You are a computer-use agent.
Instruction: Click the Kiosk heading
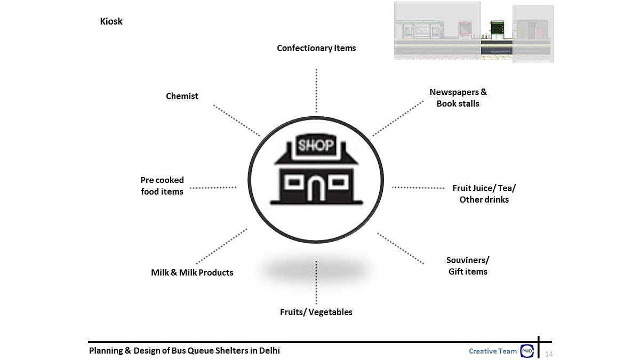pyautogui.click(x=111, y=22)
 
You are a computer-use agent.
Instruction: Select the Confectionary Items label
pyautogui.click(x=316, y=48)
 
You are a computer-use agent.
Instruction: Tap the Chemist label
pyautogui.click(x=182, y=96)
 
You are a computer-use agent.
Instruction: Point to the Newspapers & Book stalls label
pyautogui.click(x=458, y=98)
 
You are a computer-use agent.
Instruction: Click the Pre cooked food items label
pyautogui.click(x=162, y=186)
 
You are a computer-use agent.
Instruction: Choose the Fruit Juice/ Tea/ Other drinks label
pyautogui.click(x=484, y=194)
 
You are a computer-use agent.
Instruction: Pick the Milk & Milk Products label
pyautogui.click(x=192, y=273)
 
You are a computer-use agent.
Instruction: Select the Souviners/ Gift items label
pyautogui.click(x=468, y=266)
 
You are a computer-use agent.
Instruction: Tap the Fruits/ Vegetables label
pyautogui.click(x=316, y=312)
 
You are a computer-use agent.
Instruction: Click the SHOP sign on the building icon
pyautogui.click(x=316, y=146)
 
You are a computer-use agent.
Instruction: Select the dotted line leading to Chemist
pyautogui.click(x=237, y=121)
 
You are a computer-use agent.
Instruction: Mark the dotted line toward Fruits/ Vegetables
pyautogui.click(x=316, y=283)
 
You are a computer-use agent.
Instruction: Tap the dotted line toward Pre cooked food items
pyautogui.click(x=213, y=187)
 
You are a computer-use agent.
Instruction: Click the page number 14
pyautogui.click(x=549, y=354)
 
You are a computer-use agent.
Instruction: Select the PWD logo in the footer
pyautogui.click(x=527, y=351)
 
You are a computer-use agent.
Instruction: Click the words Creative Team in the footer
pyautogui.click(x=493, y=351)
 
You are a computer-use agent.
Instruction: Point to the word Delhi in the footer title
pyautogui.click(x=269, y=350)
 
